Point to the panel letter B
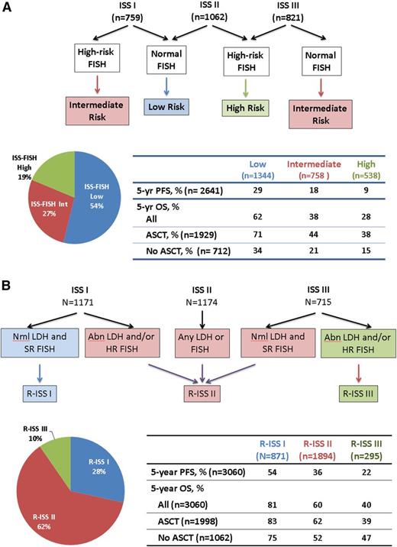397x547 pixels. pyautogui.click(x=7, y=283)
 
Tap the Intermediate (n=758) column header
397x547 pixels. pyautogui.click(x=291, y=167)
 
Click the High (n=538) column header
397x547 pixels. pyautogui.click(x=346, y=167)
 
